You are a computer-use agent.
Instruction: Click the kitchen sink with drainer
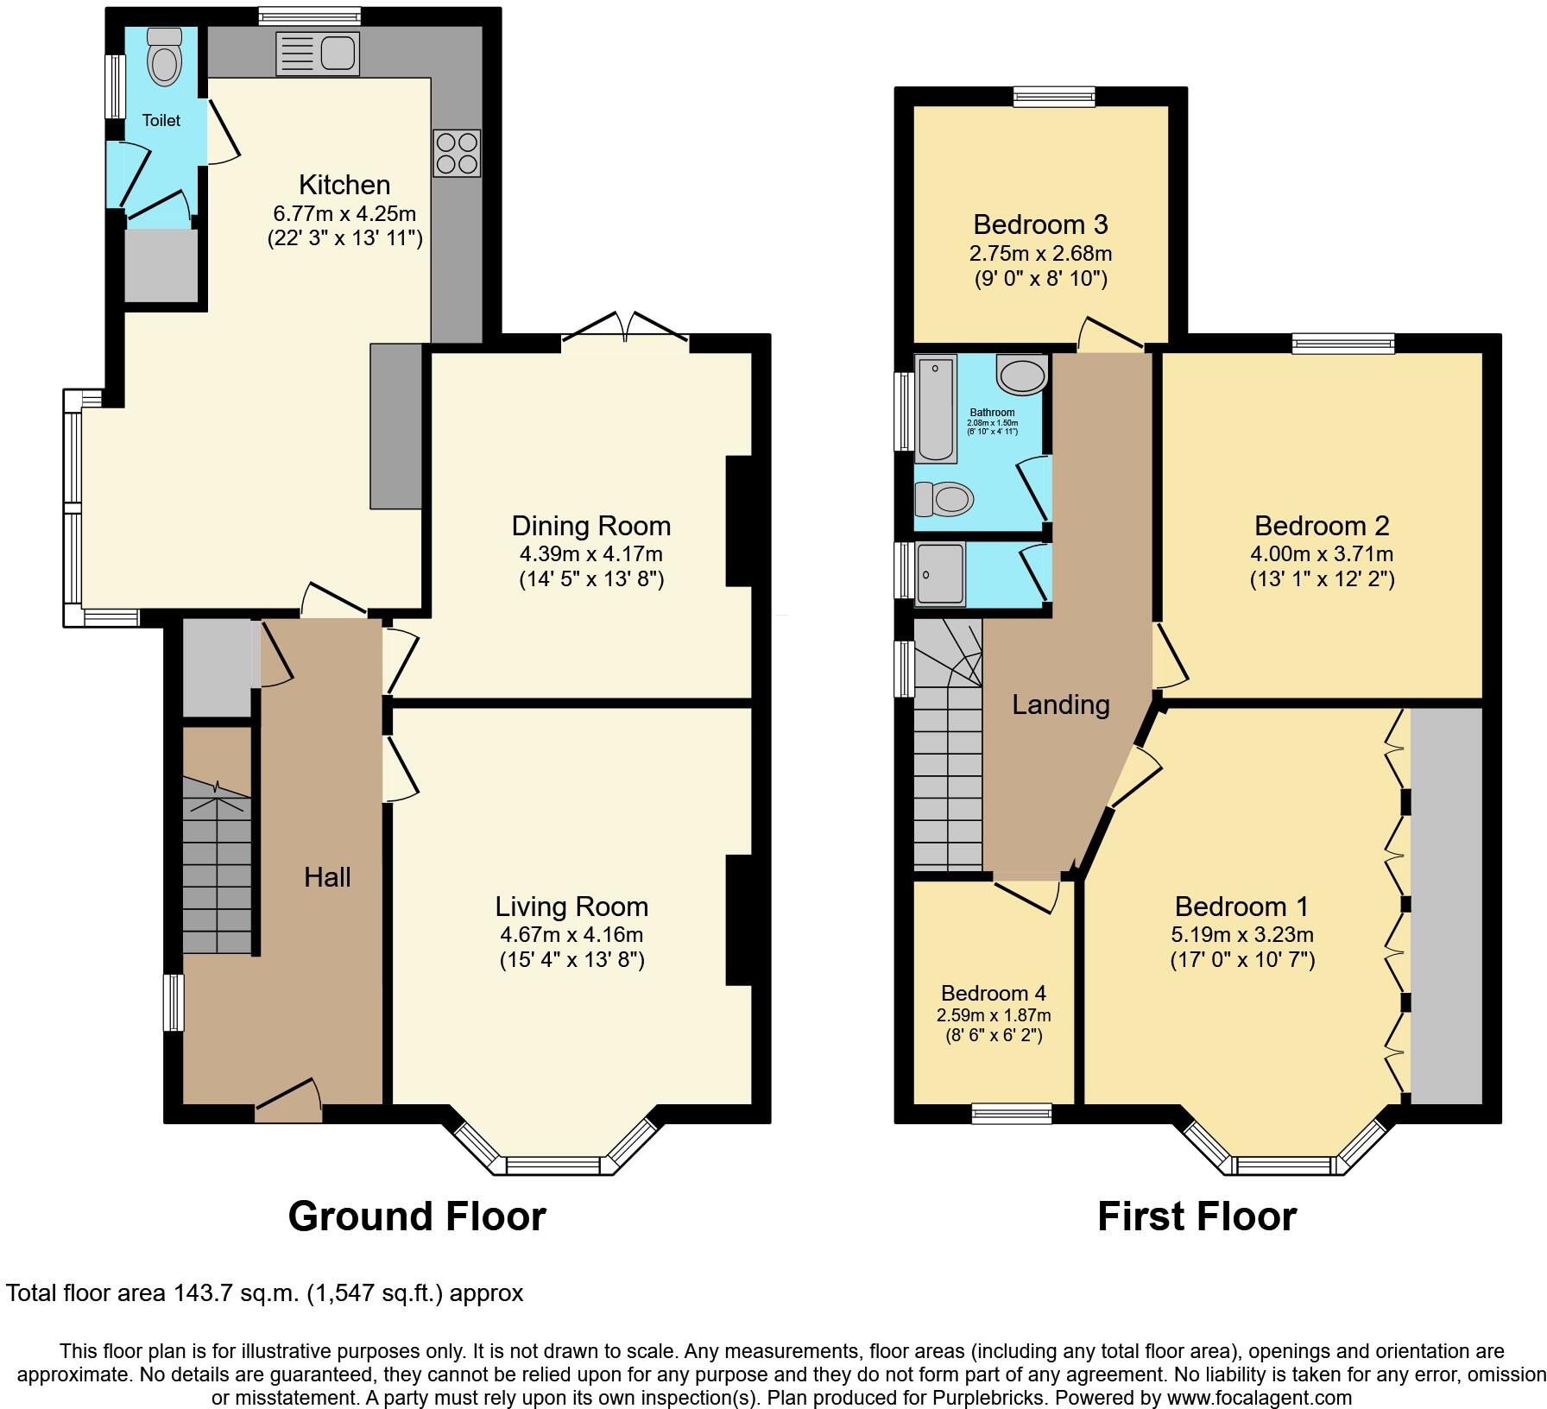(317, 54)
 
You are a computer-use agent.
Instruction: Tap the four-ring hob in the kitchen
(457, 153)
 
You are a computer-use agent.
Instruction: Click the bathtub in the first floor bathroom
(936, 409)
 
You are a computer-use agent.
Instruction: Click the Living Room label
(571, 907)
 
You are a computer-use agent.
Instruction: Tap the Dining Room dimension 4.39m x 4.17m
(590, 553)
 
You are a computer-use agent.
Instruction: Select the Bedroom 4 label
(993, 993)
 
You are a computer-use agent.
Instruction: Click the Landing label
(1060, 704)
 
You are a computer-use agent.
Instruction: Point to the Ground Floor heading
(417, 1216)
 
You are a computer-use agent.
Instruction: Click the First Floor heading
(1197, 1216)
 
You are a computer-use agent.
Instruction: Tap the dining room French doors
(626, 328)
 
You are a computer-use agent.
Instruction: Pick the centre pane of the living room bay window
(552, 1166)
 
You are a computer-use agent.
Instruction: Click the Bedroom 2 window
(1342, 344)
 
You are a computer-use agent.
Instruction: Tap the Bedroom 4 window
(1012, 1114)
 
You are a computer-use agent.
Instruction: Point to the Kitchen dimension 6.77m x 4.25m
(344, 212)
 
